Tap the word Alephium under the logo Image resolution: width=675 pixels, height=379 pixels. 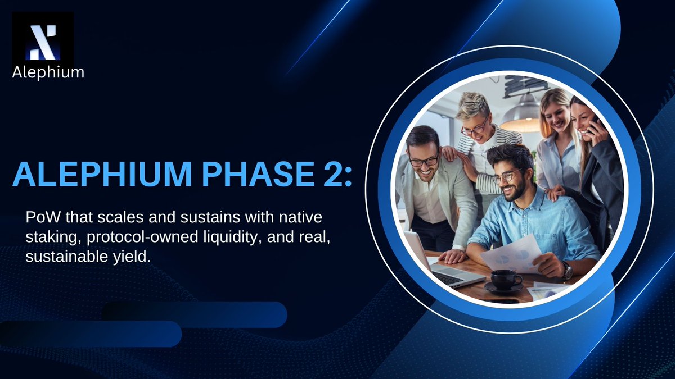(x=48, y=72)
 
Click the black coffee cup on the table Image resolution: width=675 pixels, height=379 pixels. (x=505, y=278)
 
